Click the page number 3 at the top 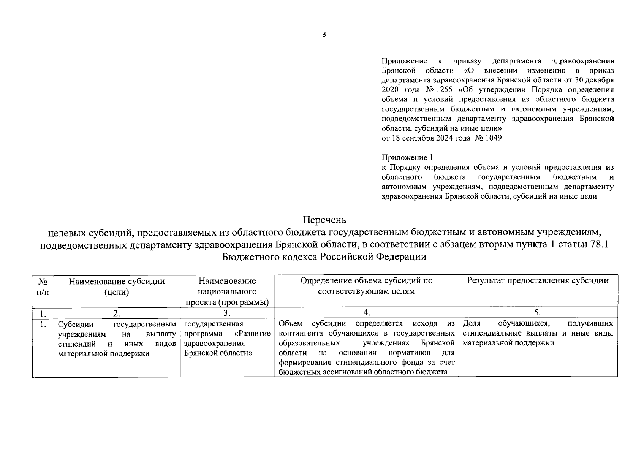324,35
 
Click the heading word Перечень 324,220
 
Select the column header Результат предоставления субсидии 538,281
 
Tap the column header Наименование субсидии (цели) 117,287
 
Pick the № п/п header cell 43,287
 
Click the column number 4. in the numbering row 366,313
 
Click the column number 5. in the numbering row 538,313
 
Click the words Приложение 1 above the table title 407,158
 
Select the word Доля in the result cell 472,324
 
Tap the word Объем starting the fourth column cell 290,324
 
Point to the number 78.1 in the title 599,244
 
